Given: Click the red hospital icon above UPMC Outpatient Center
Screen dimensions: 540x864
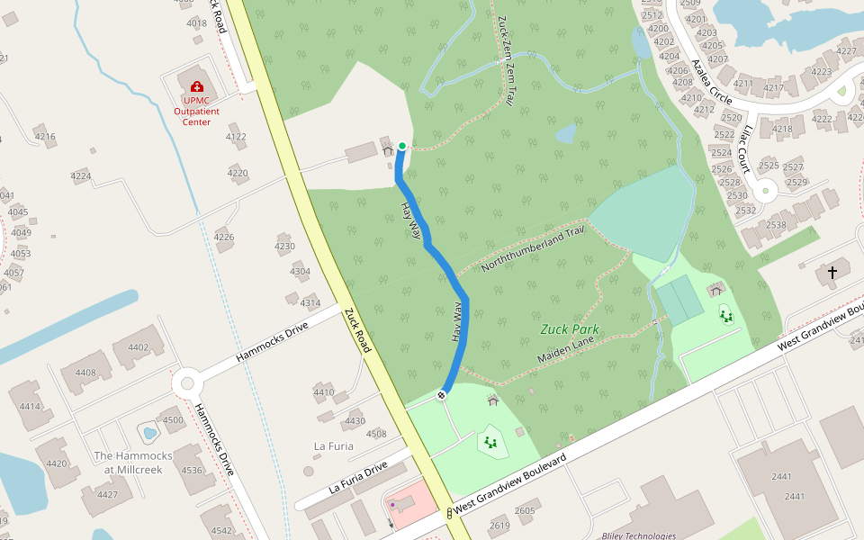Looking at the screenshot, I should [197, 86].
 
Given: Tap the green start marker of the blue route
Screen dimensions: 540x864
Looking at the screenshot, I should [401, 146].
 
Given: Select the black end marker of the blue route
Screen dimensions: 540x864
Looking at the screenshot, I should [442, 394].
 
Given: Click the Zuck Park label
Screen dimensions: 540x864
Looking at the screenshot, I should [570, 329].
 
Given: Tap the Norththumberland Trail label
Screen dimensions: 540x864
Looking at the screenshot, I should [533, 250].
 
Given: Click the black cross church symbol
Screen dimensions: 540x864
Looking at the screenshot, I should [832, 272].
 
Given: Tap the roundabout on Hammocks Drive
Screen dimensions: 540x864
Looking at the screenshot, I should [187, 382].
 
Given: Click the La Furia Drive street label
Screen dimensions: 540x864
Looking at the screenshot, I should [358, 476].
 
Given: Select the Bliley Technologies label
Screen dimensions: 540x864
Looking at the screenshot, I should [638, 535].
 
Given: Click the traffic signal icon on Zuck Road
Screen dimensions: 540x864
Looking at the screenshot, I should [448, 512].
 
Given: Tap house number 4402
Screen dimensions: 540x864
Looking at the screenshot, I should [138, 347].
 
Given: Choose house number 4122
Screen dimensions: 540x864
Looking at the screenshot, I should [236, 137].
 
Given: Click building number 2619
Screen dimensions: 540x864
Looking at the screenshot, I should [499, 526].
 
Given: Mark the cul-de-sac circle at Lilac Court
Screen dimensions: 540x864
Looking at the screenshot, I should [766, 190].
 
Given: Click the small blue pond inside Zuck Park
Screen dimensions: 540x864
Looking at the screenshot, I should [566, 134].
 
